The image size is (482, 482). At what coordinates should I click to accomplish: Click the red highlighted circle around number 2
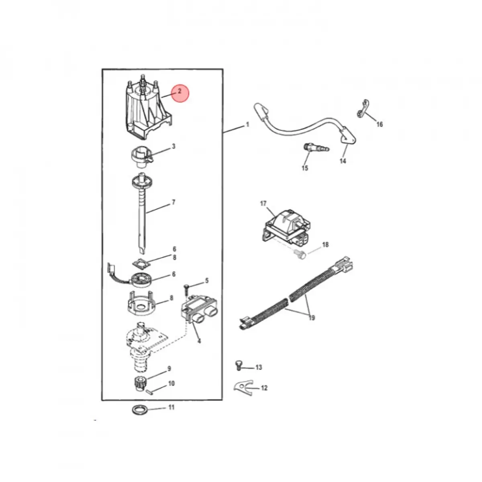pyautogui.click(x=180, y=93)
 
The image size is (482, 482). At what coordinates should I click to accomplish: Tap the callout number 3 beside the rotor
pyautogui.click(x=174, y=147)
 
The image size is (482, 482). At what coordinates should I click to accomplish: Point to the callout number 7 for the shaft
pyautogui.click(x=174, y=202)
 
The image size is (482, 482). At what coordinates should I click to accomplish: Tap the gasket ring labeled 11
pyautogui.click(x=139, y=417)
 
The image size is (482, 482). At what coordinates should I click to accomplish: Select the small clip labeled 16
pyautogui.click(x=362, y=109)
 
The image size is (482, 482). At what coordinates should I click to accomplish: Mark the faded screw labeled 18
pyautogui.click(x=300, y=255)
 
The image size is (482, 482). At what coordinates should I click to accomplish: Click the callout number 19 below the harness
pyautogui.click(x=312, y=318)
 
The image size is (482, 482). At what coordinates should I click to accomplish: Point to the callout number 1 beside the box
pyautogui.click(x=248, y=124)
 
